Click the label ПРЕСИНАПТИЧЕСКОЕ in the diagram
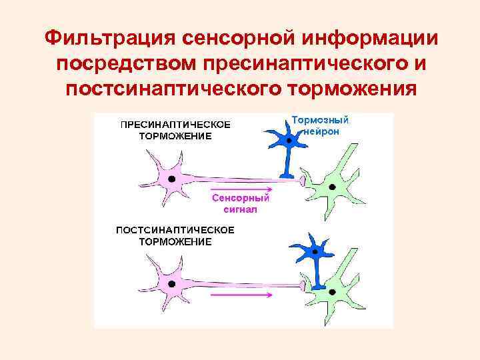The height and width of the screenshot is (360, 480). (x=175, y=125)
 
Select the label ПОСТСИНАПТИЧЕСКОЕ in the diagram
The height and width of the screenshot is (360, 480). (x=175, y=230)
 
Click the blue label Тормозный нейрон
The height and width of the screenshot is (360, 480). (x=321, y=126)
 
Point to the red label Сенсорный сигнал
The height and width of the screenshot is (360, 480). (x=240, y=203)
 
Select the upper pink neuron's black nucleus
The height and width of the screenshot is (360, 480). (x=172, y=179)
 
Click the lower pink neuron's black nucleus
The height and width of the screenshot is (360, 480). (x=171, y=283)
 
